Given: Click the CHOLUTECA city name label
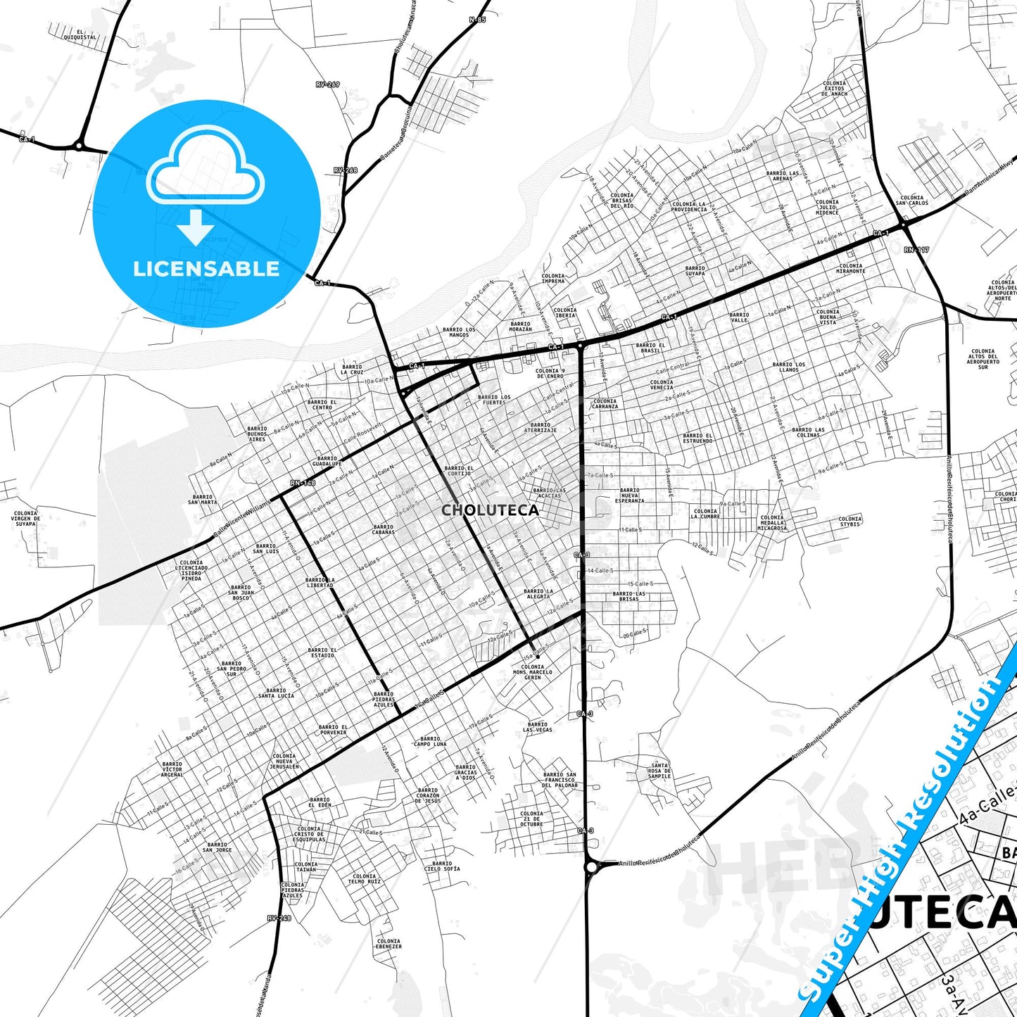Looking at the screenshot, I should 490,510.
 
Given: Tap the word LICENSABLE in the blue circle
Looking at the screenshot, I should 206,268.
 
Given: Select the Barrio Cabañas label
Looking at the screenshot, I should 384,530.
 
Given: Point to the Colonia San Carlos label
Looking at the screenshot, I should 912,201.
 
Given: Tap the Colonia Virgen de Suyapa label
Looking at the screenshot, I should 25,519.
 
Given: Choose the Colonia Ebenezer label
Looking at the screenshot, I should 389,944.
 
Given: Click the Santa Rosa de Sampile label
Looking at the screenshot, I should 659,771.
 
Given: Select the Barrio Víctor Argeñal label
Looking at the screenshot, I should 172,769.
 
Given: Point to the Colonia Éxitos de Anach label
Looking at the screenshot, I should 835,88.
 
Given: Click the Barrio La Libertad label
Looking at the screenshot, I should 320,582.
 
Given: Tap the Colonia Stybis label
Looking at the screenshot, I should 849,522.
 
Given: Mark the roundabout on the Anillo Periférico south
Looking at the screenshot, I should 590,867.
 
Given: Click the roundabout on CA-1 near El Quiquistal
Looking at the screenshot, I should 79,146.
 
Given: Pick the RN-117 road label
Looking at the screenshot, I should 916,250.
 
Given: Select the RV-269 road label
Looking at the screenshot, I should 327,84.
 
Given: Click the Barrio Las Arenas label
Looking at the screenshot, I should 783,176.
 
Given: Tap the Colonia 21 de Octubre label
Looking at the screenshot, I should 531,819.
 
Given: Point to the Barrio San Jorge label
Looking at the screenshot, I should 217,847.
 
